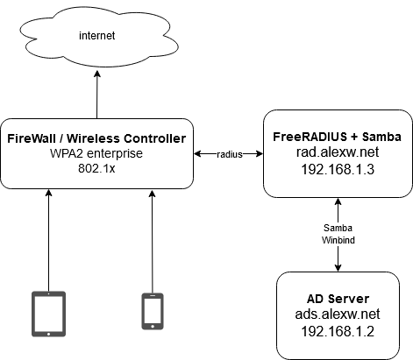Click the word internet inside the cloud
pyautogui.click(x=97, y=36)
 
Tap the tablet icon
pyautogui.click(x=48, y=314)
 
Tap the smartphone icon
pyautogui.click(x=153, y=312)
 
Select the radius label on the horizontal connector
pyautogui.click(x=230, y=154)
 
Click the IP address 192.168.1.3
pyautogui.click(x=338, y=169)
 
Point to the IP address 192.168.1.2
pyautogui.click(x=338, y=332)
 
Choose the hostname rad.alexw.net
pyautogui.click(x=338, y=152)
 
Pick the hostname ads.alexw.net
pyautogui.click(x=338, y=314)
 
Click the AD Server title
pyautogui.click(x=338, y=299)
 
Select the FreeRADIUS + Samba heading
pyautogui.click(x=337, y=137)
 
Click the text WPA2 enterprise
pyautogui.click(x=96, y=153)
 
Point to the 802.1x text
pyautogui.click(x=96, y=168)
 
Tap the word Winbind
pyautogui.click(x=338, y=240)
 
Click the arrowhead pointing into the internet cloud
pyautogui.click(x=97, y=74)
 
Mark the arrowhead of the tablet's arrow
pyautogui.click(x=49, y=193)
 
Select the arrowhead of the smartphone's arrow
pyautogui.click(x=152, y=194)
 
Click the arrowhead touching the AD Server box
pyautogui.click(x=338, y=268)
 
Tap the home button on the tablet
pyautogui.click(x=48, y=334)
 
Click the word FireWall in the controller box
pyautogui.click(x=32, y=138)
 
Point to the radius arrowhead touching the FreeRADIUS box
pyautogui.click(x=260, y=154)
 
